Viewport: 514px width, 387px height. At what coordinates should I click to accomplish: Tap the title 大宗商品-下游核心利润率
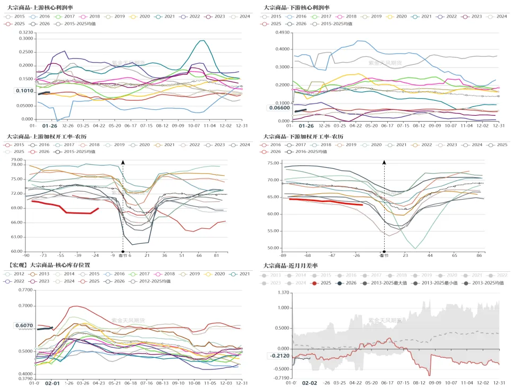[296, 7]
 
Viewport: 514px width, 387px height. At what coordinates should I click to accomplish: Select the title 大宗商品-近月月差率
[291, 265]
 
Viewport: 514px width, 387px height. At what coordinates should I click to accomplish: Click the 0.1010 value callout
[24, 91]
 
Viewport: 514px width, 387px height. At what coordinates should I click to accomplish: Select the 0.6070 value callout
[24, 325]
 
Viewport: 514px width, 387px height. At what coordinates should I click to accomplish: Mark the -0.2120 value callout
[280, 356]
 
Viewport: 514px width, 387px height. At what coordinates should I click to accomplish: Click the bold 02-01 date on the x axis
[52, 383]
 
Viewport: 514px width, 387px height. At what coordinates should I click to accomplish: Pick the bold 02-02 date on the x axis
[309, 383]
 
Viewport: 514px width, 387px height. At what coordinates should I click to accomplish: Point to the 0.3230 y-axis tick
[25, 33]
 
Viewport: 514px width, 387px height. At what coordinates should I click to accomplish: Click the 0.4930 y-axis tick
[282, 33]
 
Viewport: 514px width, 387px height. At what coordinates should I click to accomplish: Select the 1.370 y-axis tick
[283, 293]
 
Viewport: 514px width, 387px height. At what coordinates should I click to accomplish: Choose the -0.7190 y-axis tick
[281, 377]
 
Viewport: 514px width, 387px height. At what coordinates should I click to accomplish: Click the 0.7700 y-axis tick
[24, 290]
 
